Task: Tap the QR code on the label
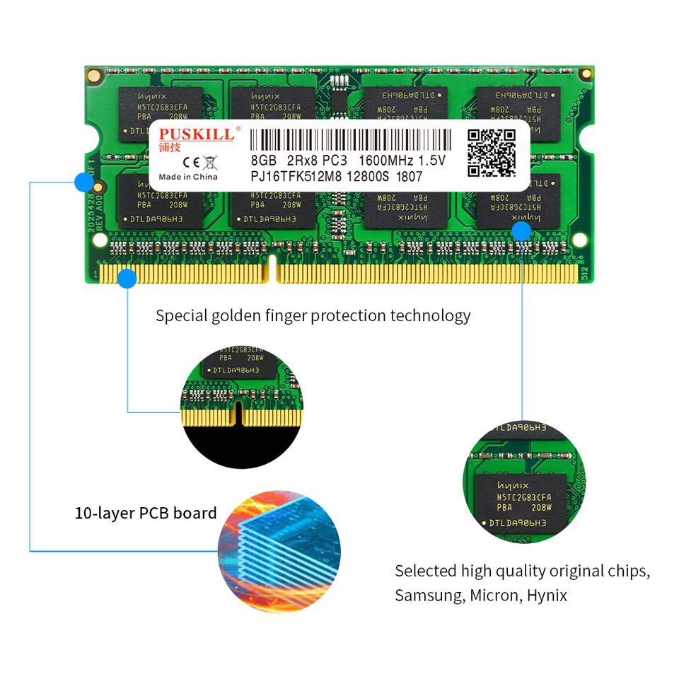pos(492,153)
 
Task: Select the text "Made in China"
pos(187,177)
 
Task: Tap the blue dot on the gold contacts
pos(127,279)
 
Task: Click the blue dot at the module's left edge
pos(83,182)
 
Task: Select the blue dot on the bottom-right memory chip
pos(522,231)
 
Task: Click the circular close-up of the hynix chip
pos(524,481)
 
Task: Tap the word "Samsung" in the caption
pos(428,595)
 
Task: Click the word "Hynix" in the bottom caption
pos(547,595)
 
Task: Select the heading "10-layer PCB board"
pos(146,513)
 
